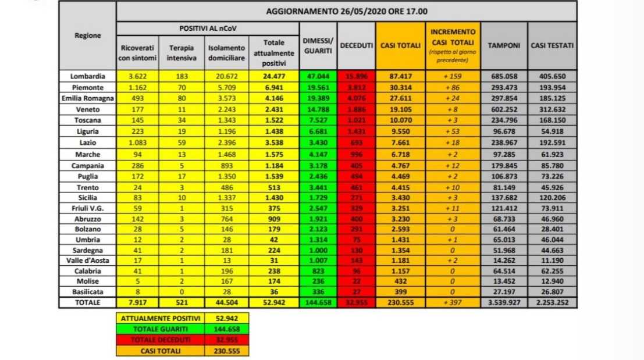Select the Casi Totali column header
(400, 45)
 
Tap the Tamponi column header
(504, 45)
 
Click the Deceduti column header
(357, 45)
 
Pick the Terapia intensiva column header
(182, 52)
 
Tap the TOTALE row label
(87, 302)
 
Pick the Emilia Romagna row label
(87, 97)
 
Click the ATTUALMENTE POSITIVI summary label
(161, 319)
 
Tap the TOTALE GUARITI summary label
(161, 329)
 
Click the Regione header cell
(87, 35)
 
